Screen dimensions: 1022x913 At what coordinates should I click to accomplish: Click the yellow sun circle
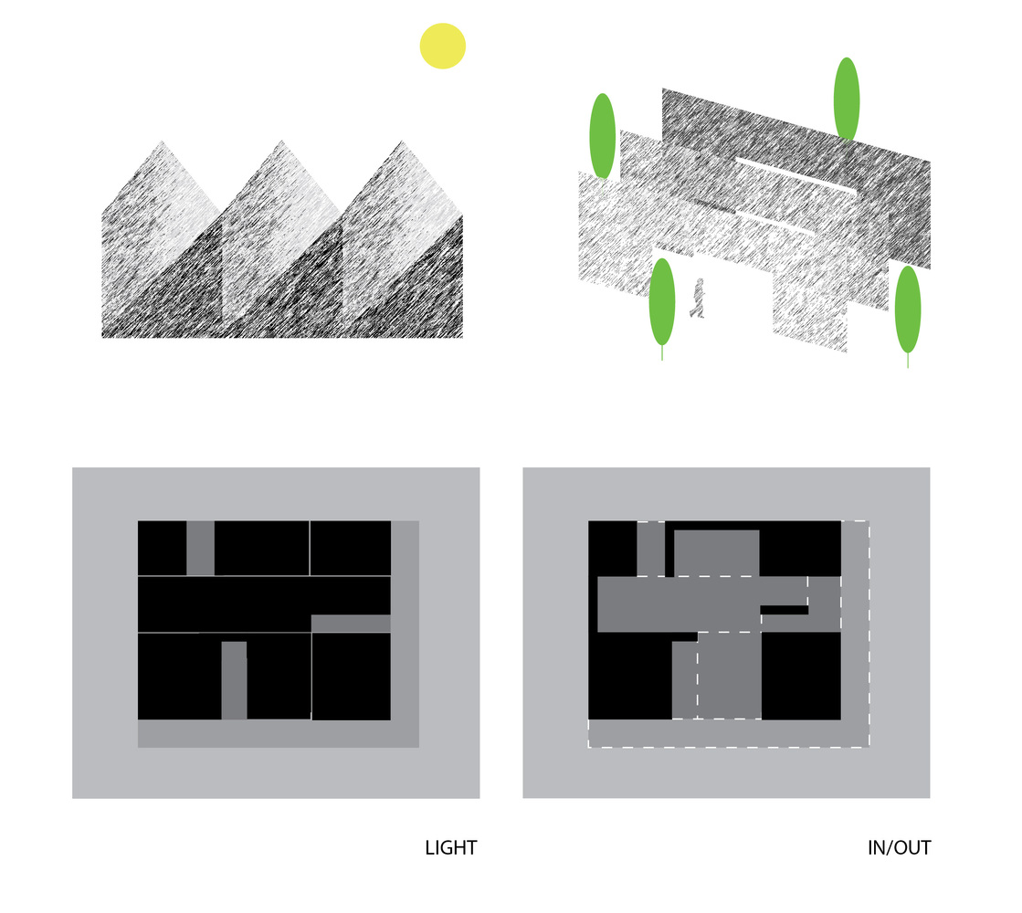click(x=443, y=47)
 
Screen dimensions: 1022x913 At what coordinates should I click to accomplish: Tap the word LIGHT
click(x=451, y=848)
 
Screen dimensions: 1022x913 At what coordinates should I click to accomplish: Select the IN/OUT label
click(x=899, y=848)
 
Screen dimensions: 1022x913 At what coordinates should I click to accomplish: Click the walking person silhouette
click(x=698, y=299)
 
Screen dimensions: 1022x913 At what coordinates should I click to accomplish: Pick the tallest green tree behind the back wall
click(x=847, y=99)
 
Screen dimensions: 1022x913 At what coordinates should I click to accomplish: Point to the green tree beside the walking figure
click(x=662, y=303)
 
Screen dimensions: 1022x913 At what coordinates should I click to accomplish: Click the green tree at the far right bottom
click(x=908, y=311)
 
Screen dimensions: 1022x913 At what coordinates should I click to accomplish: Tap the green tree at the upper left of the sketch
click(x=602, y=135)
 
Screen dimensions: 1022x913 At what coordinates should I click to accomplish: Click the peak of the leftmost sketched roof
click(x=162, y=141)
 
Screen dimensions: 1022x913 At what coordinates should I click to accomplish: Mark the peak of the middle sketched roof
click(x=281, y=140)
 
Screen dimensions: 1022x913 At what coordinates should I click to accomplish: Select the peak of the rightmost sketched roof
click(x=402, y=140)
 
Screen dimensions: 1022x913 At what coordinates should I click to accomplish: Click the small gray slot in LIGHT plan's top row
click(x=200, y=548)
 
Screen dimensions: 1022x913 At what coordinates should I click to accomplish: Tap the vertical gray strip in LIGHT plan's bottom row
click(x=234, y=680)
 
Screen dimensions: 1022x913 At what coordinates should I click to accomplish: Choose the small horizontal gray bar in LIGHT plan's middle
click(x=351, y=624)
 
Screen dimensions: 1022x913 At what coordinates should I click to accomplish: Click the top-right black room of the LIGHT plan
click(x=351, y=548)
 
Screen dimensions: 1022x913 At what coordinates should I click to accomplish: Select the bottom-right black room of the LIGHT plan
click(x=352, y=677)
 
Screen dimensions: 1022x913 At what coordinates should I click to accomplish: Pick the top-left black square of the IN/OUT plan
click(x=613, y=548)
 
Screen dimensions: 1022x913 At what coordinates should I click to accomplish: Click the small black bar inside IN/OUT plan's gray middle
click(x=785, y=610)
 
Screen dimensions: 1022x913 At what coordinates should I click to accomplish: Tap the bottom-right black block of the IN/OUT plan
click(x=801, y=676)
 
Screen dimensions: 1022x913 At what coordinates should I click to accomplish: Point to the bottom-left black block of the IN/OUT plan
click(x=630, y=677)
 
